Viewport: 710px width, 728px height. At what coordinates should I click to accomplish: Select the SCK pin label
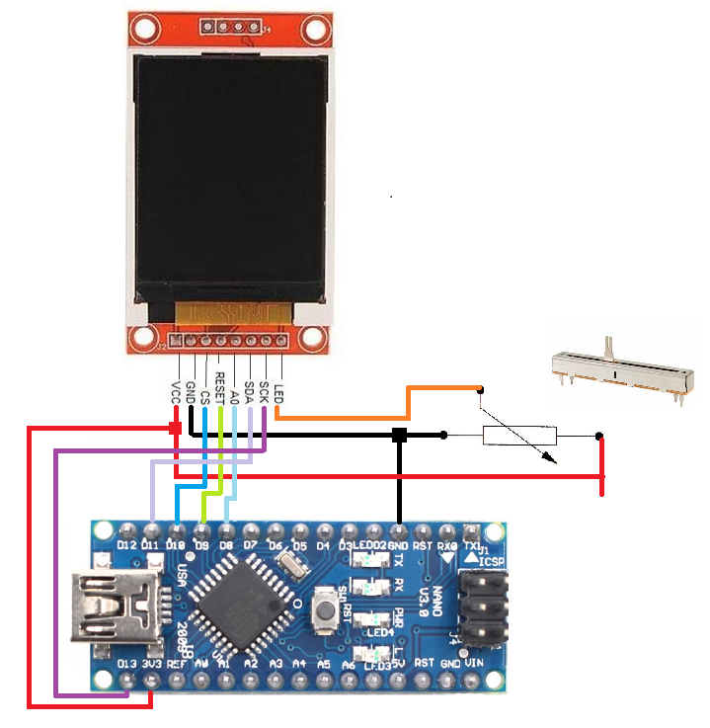(x=264, y=394)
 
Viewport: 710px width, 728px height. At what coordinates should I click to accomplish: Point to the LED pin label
(x=278, y=393)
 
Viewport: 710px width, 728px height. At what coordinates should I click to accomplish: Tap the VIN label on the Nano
(x=475, y=663)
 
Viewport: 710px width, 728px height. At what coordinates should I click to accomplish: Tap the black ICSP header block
(x=485, y=603)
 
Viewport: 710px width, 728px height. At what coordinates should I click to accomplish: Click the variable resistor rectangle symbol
(x=518, y=435)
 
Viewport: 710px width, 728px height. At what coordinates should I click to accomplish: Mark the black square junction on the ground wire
(x=399, y=435)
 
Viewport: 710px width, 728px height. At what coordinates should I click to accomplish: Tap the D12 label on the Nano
(x=126, y=545)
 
